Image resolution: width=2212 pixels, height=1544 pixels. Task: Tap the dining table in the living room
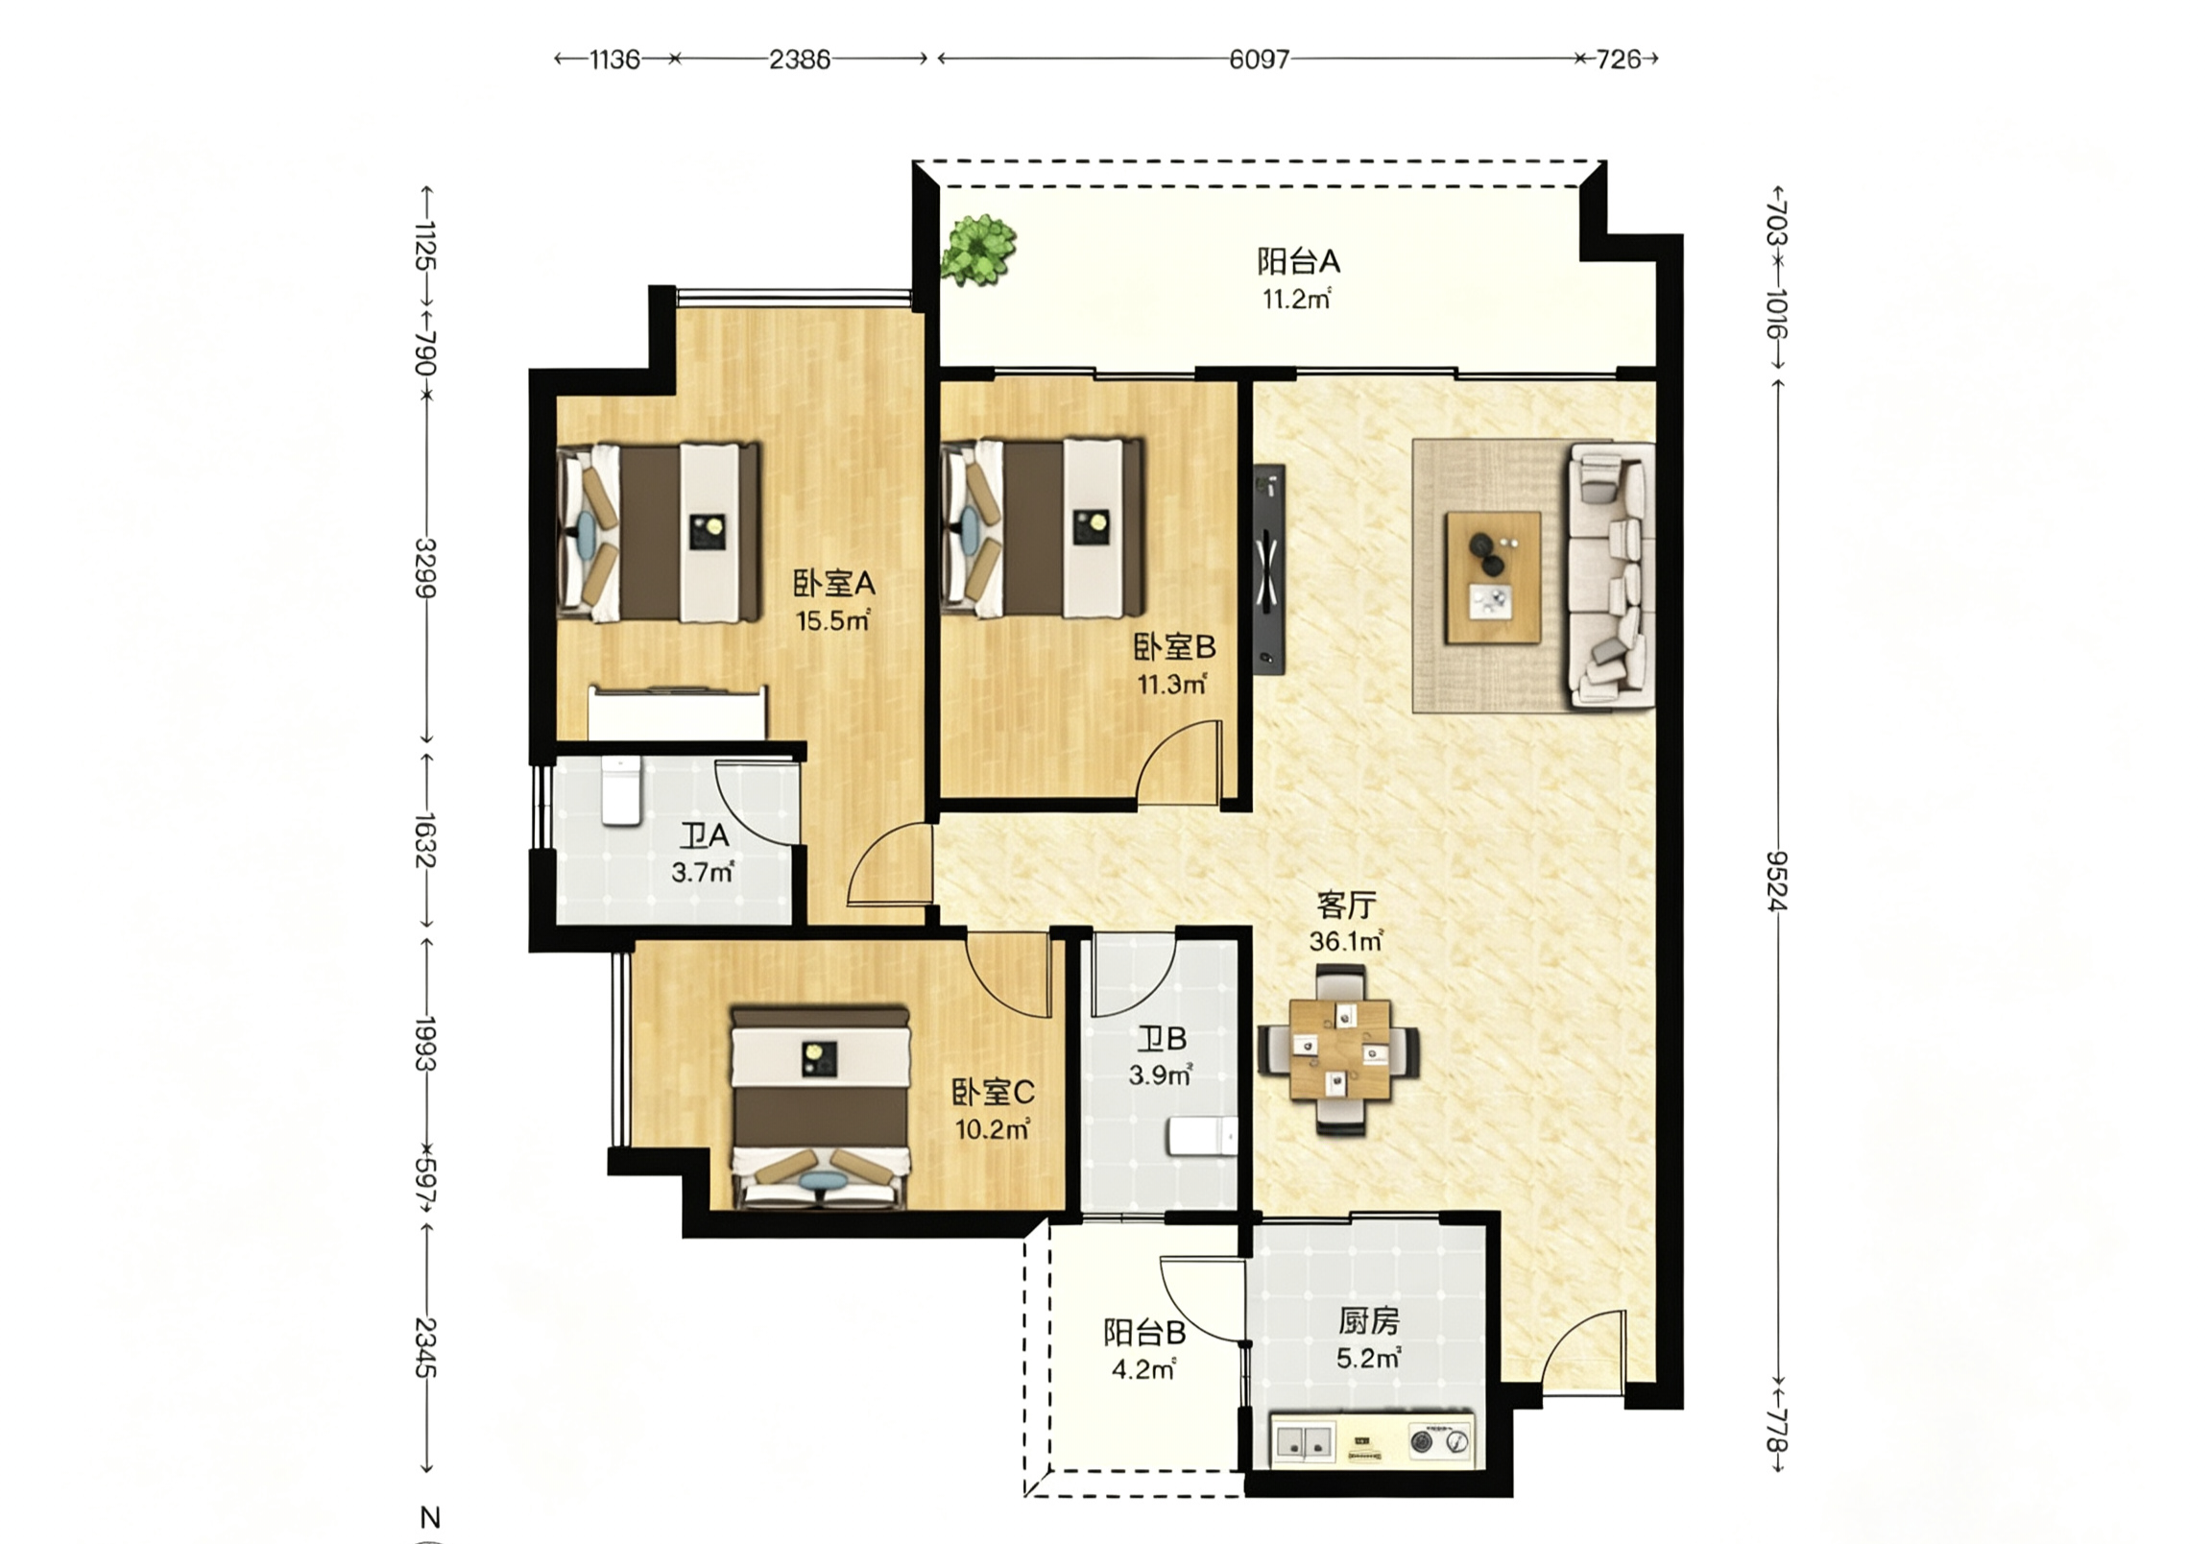click(x=1340, y=1050)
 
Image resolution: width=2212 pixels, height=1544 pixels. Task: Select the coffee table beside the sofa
click(x=1492, y=577)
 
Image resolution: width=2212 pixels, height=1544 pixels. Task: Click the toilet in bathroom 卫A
click(x=620, y=790)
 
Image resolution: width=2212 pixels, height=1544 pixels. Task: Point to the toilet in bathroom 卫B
click(x=1202, y=1136)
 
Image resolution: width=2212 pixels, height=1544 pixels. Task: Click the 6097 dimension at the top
click(x=1259, y=60)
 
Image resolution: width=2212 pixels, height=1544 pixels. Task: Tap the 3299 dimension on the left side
click(x=425, y=567)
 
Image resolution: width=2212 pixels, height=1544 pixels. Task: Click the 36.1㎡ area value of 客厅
click(x=1346, y=941)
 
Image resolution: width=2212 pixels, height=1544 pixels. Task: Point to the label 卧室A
click(x=834, y=583)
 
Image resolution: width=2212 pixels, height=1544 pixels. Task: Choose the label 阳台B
click(x=1144, y=1333)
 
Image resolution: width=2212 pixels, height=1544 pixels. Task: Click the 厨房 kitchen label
click(x=1368, y=1321)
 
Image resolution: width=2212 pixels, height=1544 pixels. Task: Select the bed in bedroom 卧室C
click(x=821, y=1107)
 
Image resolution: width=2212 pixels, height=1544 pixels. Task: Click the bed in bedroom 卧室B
click(x=1042, y=528)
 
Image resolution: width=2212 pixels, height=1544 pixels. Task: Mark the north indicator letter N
click(x=431, y=1518)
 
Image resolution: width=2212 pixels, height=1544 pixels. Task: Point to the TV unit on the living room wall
click(x=1270, y=569)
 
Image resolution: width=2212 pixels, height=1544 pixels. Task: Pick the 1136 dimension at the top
click(x=614, y=60)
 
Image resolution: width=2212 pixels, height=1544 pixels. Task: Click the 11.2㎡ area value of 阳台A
click(x=1297, y=300)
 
